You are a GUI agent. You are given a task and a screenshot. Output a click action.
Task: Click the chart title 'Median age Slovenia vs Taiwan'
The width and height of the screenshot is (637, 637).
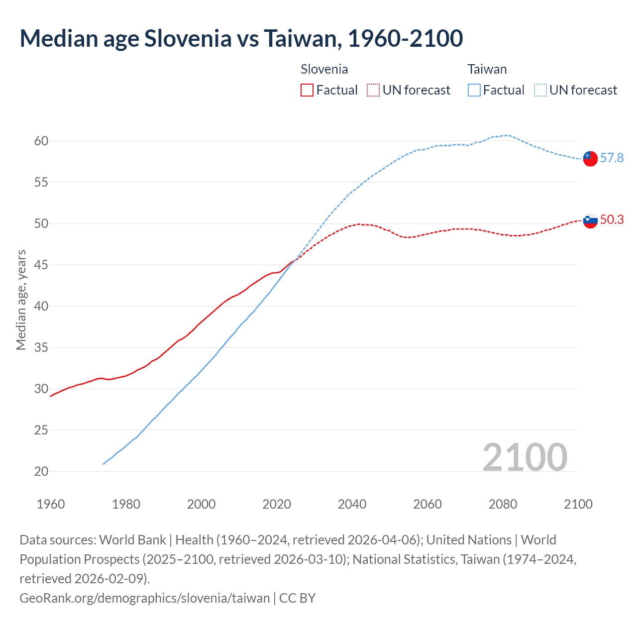(x=241, y=38)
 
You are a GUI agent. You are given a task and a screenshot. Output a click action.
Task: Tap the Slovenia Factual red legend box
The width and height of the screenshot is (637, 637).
(x=307, y=90)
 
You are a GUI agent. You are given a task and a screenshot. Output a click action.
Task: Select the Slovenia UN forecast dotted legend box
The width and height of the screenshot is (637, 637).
(x=373, y=90)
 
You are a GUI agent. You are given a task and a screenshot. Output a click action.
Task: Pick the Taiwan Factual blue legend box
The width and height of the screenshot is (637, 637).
(x=474, y=90)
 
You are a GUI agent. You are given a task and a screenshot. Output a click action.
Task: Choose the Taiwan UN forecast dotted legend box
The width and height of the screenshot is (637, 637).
(x=540, y=90)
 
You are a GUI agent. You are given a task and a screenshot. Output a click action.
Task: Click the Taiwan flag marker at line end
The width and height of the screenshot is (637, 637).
(x=590, y=158)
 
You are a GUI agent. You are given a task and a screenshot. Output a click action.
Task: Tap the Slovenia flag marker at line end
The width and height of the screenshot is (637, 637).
(x=590, y=220)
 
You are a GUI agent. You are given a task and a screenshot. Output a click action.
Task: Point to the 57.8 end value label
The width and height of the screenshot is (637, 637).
(x=612, y=158)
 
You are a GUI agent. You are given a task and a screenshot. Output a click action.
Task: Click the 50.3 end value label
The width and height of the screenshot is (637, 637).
(x=612, y=220)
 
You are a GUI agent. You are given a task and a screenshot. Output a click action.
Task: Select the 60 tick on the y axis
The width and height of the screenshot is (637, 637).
(x=41, y=141)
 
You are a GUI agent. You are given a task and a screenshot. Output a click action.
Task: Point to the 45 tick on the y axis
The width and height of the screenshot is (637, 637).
(x=41, y=265)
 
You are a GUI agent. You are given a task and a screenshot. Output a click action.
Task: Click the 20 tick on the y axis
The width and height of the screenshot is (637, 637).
(x=41, y=471)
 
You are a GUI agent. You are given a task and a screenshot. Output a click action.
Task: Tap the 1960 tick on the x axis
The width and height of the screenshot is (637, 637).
(x=51, y=504)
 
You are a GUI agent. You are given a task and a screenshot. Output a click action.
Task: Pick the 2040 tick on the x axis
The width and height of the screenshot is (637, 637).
(x=352, y=504)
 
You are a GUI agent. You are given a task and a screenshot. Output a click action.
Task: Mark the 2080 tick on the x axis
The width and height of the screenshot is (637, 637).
(x=503, y=504)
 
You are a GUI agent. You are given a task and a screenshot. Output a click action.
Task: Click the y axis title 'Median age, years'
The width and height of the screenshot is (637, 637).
(x=21, y=300)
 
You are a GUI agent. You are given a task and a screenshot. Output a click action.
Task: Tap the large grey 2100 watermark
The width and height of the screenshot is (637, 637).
(x=525, y=457)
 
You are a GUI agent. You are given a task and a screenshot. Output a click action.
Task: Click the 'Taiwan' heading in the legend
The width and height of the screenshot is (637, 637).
(x=487, y=69)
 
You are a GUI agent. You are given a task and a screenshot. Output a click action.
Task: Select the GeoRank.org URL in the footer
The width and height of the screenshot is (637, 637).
(x=144, y=598)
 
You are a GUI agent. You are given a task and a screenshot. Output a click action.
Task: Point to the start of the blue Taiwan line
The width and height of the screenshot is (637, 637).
(x=104, y=464)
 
